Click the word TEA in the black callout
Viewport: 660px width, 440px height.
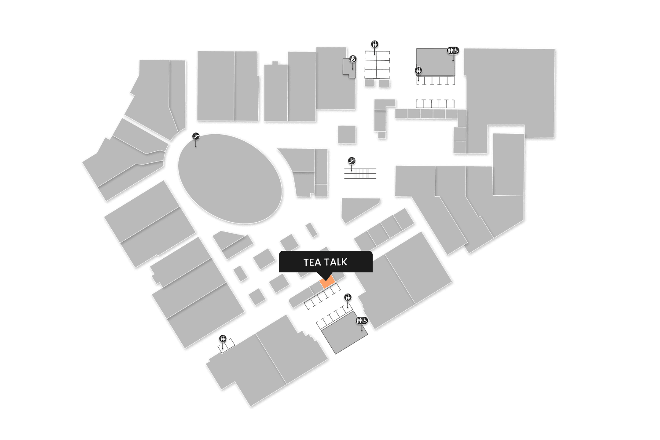click(x=312, y=262)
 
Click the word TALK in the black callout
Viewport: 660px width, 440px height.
click(x=336, y=262)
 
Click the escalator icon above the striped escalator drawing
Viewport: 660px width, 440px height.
click(x=352, y=161)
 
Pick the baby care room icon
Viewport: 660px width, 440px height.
click(x=353, y=59)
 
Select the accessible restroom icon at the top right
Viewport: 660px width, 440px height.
click(x=453, y=51)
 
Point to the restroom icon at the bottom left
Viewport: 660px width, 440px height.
click(x=223, y=338)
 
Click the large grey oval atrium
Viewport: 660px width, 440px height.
click(x=230, y=178)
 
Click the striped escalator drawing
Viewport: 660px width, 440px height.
click(x=360, y=173)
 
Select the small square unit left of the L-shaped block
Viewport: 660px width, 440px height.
click(x=347, y=134)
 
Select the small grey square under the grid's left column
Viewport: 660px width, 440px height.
click(x=370, y=83)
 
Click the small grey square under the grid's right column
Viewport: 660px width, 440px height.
click(x=384, y=83)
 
